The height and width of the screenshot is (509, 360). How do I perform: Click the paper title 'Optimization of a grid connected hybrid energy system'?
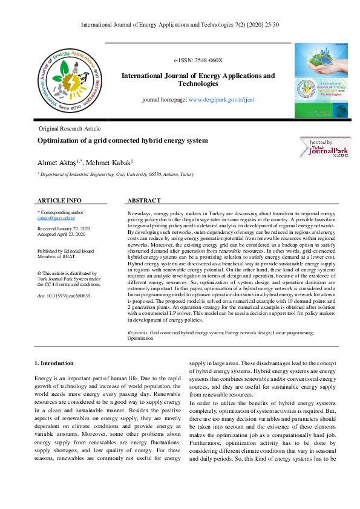[x=122, y=140]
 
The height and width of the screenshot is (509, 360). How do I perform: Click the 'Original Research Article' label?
[x=70, y=129]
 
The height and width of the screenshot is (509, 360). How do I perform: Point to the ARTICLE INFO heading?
[x=59, y=200]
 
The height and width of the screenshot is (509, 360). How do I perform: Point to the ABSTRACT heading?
[x=144, y=200]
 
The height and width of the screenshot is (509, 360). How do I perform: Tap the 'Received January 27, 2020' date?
[x=64, y=229]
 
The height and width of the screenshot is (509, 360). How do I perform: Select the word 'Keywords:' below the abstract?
[x=138, y=333]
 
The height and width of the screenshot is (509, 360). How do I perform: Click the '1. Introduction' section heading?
[x=54, y=363]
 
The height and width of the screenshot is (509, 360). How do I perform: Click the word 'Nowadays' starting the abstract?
[x=140, y=214]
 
